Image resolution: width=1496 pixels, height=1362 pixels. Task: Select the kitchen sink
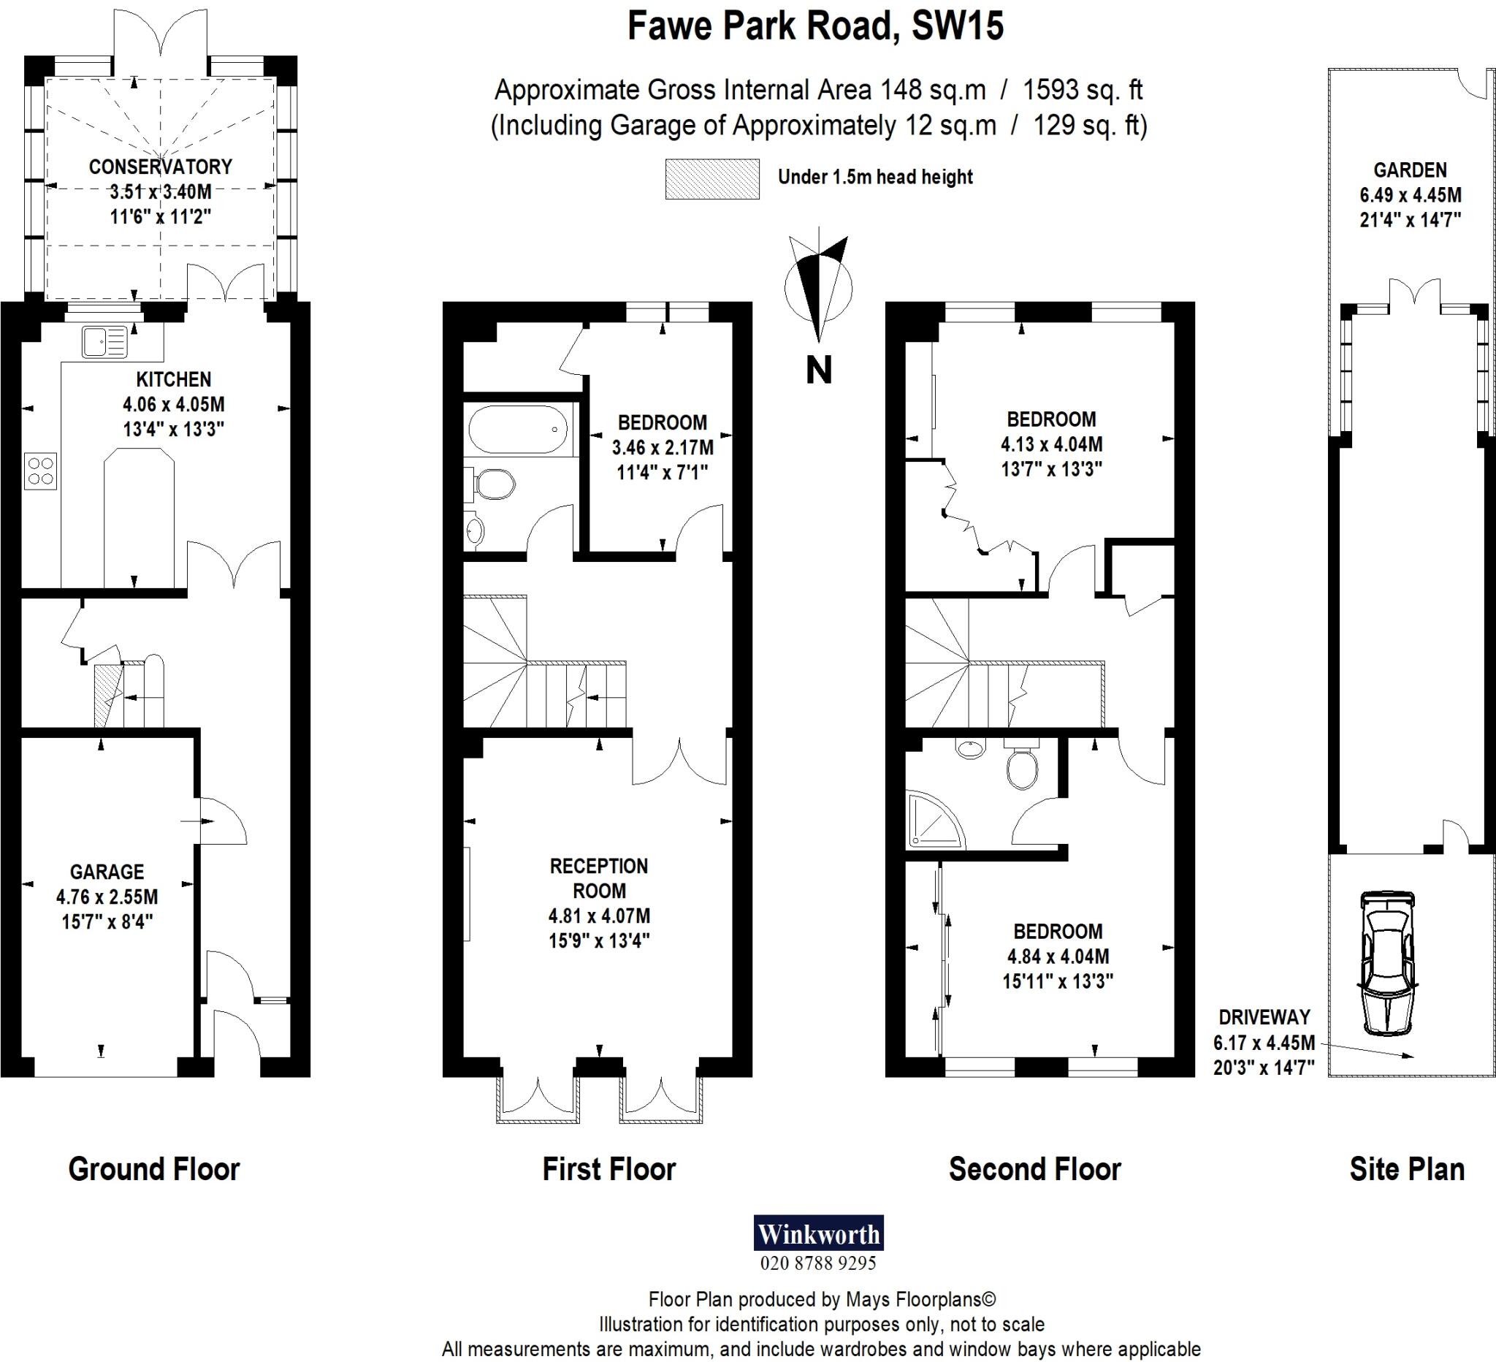[x=104, y=343]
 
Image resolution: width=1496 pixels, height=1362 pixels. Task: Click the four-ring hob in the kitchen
[x=40, y=471]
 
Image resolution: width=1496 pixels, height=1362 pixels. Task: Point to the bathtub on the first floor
[x=518, y=429]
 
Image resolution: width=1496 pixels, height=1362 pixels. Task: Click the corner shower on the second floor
[x=934, y=821]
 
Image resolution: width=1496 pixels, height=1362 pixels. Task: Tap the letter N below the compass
[x=819, y=370]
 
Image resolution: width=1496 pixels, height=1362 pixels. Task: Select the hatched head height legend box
[x=711, y=179]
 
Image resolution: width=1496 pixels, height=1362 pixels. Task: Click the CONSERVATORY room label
[x=160, y=167]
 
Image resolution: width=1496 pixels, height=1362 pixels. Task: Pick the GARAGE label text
[x=107, y=872]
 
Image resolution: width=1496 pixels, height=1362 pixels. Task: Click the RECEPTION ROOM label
[x=599, y=878]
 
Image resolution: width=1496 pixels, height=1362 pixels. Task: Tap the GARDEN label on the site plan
[x=1410, y=170]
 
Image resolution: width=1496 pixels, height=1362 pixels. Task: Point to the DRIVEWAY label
[x=1264, y=1017]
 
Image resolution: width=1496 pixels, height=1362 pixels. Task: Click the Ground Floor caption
[x=153, y=1169]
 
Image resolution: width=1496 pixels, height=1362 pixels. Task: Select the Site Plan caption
[x=1406, y=1169]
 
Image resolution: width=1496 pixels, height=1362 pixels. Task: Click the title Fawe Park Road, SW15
[x=814, y=26]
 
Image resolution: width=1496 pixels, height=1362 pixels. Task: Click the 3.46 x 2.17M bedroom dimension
[x=662, y=448]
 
